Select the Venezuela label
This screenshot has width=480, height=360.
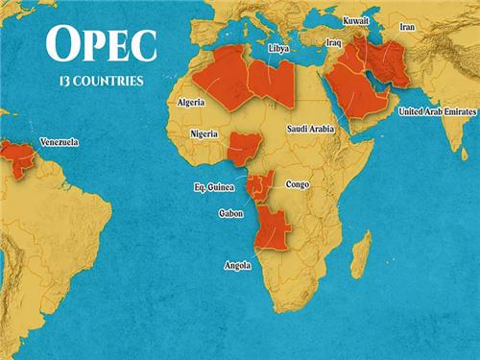click(59, 142)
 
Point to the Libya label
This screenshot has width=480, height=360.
click(278, 47)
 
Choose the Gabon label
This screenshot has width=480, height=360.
click(230, 214)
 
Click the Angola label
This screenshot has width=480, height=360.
click(237, 265)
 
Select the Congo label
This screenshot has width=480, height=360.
click(298, 182)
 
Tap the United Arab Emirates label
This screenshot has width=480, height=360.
click(436, 111)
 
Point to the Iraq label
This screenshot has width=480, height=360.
click(334, 43)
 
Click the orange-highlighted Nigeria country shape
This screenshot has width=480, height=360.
click(246, 149)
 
